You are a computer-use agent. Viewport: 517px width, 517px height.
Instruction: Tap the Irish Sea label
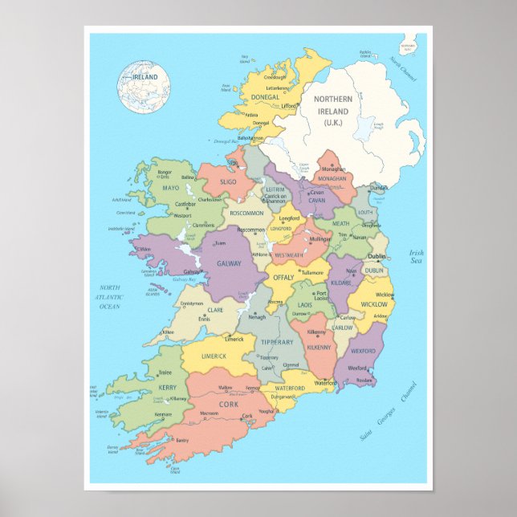416,257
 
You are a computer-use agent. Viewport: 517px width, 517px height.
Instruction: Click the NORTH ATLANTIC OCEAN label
109,296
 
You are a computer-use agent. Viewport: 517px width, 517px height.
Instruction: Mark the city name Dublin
377,257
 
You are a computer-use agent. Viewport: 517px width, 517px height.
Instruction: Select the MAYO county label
171,188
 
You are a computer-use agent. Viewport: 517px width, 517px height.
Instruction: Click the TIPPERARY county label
278,342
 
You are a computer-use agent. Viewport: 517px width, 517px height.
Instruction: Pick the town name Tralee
165,372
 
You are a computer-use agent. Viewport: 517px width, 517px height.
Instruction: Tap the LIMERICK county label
214,356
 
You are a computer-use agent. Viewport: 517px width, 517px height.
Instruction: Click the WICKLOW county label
373,304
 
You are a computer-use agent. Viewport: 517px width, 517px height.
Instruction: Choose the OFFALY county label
283,277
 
